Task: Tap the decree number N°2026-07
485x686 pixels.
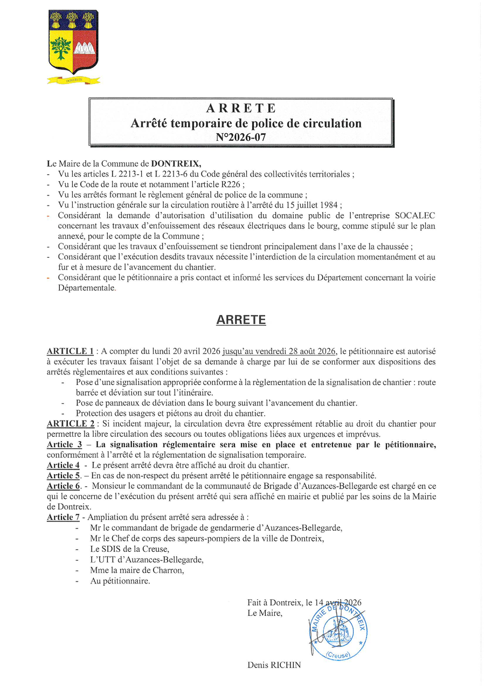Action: click(x=241, y=137)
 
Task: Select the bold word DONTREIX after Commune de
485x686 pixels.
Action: click(x=176, y=163)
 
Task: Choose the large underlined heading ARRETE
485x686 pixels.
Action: click(x=241, y=320)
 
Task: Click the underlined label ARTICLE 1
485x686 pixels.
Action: click(x=71, y=352)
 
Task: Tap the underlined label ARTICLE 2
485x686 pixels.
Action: click(x=71, y=424)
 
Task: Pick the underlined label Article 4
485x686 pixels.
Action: click(x=64, y=465)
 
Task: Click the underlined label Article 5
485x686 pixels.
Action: click(x=64, y=476)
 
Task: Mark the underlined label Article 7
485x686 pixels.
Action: click(x=63, y=517)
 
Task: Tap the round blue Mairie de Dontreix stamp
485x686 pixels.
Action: click(x=338, y=629)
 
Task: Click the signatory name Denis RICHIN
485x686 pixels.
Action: click(x=274, y=666)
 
